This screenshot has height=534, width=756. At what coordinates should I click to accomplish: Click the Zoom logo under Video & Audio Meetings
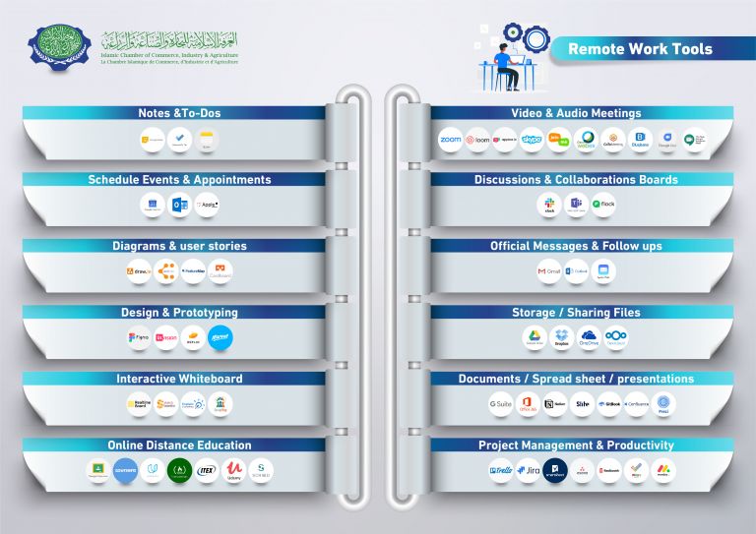coord(450,141)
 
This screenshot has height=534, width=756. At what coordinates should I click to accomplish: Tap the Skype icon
coord(533,141)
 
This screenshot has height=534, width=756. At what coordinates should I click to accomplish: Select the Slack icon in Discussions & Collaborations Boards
coord(549,206)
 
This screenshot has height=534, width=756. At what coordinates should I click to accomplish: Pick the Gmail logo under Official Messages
coord(549,270)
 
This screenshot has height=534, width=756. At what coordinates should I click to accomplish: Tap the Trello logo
coord(501,470)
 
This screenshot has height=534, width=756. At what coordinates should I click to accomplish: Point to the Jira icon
coord(529,470)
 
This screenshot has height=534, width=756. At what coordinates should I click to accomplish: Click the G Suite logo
coord(501,403)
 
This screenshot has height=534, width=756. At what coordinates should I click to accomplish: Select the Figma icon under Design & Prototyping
coord(139,337)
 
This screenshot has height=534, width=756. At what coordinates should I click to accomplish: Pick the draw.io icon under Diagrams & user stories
coord(139,270)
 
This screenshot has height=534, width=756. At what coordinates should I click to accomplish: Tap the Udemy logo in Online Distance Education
coord(234,469)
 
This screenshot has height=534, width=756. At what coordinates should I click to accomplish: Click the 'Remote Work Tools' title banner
coord(640,48)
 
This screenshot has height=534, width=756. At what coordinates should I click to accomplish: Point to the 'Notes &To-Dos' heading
coord(179,114)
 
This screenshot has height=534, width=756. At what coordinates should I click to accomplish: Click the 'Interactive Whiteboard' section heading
coord(179,379)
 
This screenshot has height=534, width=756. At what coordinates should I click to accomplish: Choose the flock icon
coord(603,206)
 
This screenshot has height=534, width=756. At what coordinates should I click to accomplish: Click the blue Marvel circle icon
coord(220,337)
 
